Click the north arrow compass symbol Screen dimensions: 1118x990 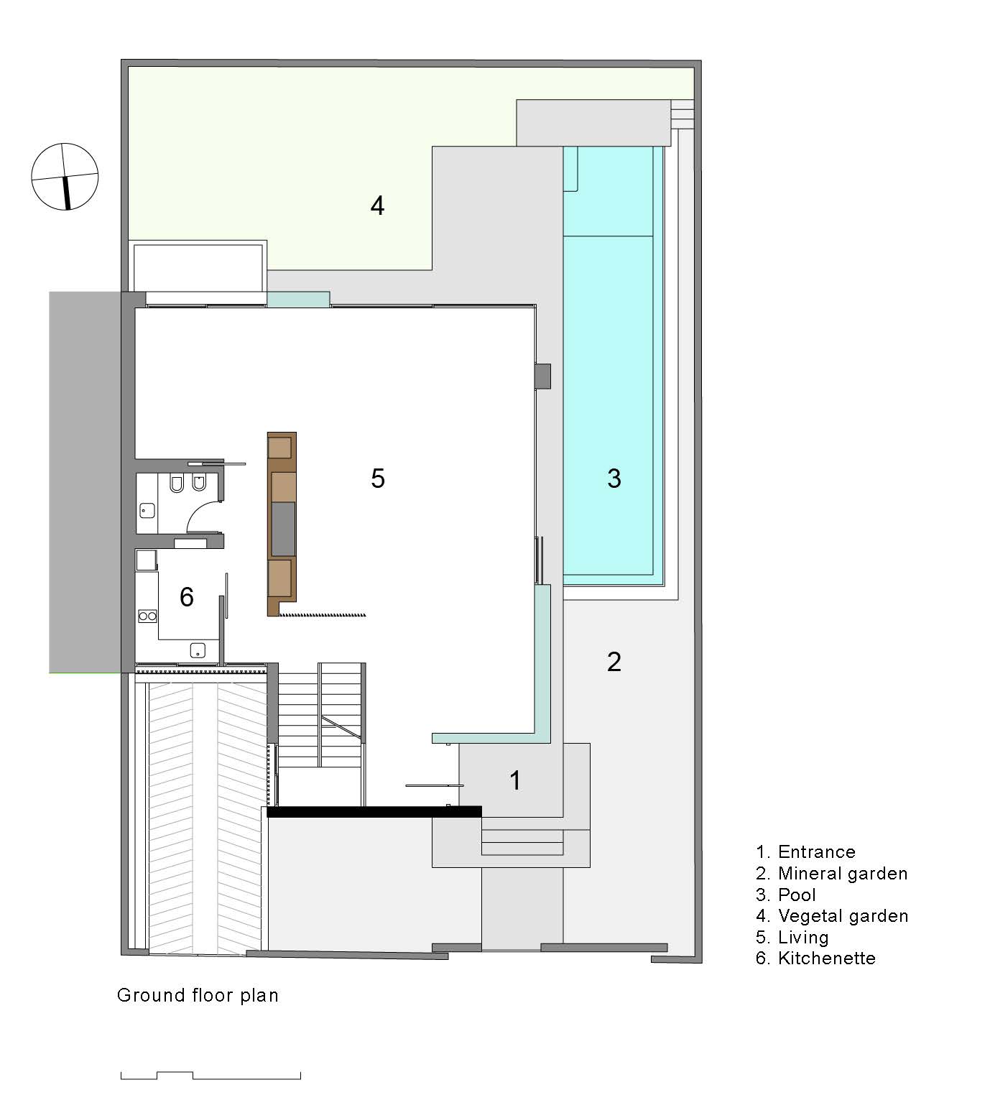point(65,177)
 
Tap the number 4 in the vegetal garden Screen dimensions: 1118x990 point(377,206)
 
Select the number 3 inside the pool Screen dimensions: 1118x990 point(614,478)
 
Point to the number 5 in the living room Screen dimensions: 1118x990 point(378,478)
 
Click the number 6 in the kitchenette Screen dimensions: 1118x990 point(186,596)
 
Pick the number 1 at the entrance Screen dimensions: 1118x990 point(514,780)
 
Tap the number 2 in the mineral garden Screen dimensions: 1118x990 point(614,662)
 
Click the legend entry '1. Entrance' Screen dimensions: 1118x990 point(805,852)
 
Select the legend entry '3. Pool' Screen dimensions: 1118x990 point(786,895)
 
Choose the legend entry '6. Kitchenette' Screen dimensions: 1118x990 point(815,958)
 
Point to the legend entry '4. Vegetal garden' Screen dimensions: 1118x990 point(832,916)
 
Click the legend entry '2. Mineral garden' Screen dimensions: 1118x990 point(831,874)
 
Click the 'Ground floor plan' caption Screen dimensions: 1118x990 point(198,995)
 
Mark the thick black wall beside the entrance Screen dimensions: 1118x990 point(374,812)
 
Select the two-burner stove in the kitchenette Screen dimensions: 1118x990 point(147,616)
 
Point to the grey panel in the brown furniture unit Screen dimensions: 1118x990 point(282,529)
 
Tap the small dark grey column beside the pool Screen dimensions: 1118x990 point(543,376)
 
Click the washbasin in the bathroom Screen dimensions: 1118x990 point(147,511)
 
